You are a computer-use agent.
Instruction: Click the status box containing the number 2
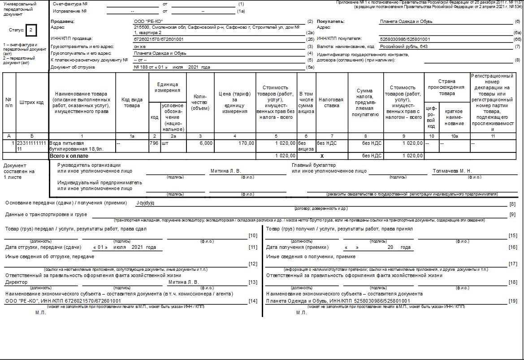[30, 30]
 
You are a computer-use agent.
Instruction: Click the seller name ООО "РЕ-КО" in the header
[148, 22]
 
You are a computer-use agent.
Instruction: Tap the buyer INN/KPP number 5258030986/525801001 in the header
[405, 39]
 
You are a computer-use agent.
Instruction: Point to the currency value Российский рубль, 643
[403, 46]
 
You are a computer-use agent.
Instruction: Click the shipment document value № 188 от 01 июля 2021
[172, 67]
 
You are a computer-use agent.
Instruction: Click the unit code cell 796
[154, 143]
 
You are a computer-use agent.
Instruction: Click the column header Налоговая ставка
[331, 100]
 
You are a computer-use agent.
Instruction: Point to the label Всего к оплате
[69, 156]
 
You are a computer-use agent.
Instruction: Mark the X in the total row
[322, 156]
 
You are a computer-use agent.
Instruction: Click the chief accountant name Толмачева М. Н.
[452, 171]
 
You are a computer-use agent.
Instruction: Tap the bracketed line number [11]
[253, 247]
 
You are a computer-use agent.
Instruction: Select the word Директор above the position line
[16, 282]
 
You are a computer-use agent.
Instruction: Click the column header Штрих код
[31, 102]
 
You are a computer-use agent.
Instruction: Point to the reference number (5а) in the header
[310, 67]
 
